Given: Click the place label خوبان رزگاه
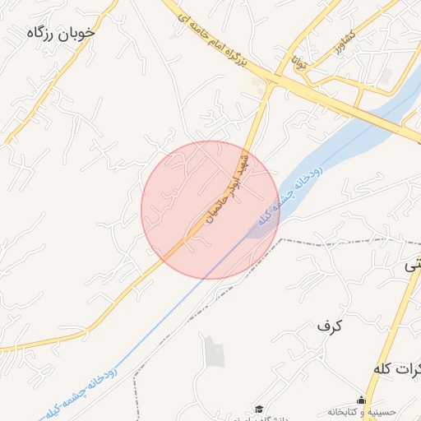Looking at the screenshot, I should (x=61, y=33).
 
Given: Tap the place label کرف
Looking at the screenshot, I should (x=329, y=326).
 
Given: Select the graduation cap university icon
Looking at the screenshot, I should (x=259, y=409).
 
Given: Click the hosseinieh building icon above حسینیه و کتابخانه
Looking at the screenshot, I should (x=361, y=400).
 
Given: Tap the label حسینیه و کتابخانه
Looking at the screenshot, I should (x=362, y=411).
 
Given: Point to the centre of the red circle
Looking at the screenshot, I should (x=210, y=210).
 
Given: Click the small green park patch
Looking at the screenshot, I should (x=214, y=352).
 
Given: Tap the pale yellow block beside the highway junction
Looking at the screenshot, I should (x=257, y=86).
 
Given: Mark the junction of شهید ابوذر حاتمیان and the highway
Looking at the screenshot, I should (x=271, y=81).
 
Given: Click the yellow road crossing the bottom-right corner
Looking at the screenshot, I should (x=395, y=329).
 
